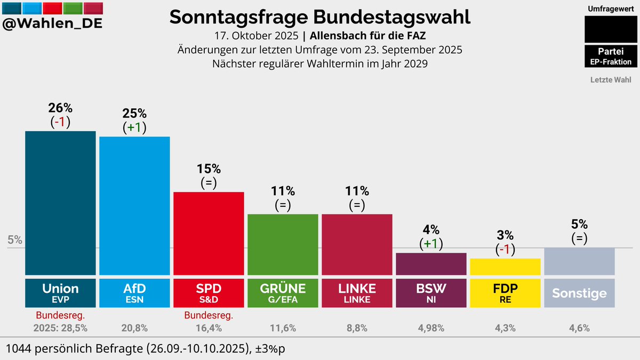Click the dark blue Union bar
point(60,203)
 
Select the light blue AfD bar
point(134,205)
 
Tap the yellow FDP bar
point(505,266)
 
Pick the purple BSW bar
point(431,263)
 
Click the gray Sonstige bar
point(579,261)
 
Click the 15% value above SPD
point(209,169)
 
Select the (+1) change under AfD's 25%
point(134,127)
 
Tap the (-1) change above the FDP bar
point(505,249)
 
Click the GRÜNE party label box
point(283,292)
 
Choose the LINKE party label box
point(357,292)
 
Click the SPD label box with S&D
point(209,292)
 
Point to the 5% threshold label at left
point(15,240)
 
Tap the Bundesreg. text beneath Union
point(60,316)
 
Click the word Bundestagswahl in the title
point(392,17)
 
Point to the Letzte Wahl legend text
point(611,80)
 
